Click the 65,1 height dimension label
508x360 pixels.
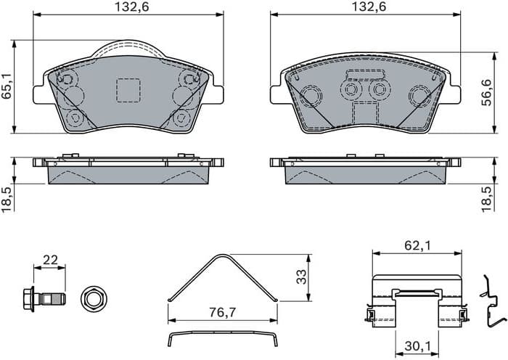tap(8, 85)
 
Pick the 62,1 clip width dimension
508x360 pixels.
tap(417, 246)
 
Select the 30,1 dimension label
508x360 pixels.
tap(417, 347)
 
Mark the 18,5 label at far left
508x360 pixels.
tap(8, 197)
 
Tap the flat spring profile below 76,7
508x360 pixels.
tap(222, 335)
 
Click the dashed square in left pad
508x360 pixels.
tap(128, 90)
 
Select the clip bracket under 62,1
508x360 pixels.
tap(417, 300)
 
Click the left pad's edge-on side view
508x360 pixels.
tap(128, 170)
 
